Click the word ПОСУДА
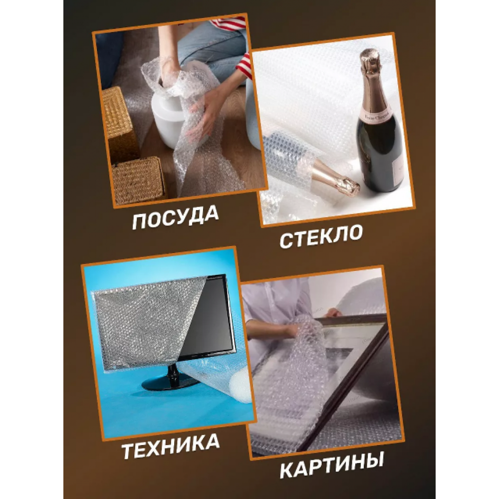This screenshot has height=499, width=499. tap(175, 217)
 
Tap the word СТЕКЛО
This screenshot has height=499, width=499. tap(321, 236)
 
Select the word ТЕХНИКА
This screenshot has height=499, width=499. tap(170, 446)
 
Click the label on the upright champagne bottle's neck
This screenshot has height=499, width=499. tap(376, 118)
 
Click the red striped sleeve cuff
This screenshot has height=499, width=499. tap(245, 65)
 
